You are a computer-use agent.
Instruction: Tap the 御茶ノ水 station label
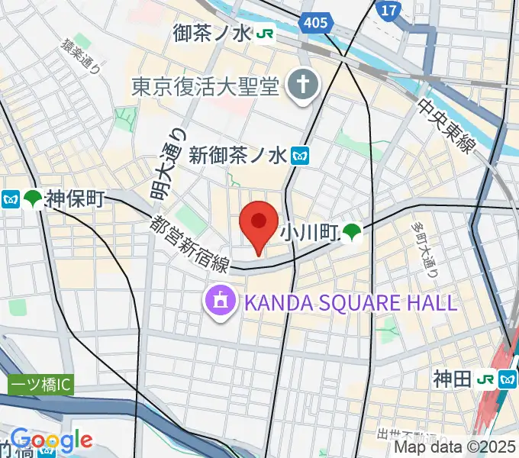pos(213,34)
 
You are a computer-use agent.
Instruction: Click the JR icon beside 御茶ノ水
pos(266,34)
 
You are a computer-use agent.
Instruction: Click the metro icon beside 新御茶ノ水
pos(299,156)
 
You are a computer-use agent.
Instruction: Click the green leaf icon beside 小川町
pos(352,231)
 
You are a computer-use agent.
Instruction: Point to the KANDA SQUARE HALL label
pos(350,302)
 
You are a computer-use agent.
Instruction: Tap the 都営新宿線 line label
pos(189,243)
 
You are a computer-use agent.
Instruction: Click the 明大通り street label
pos(166,164)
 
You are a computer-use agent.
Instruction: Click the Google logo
pos(51,440)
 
